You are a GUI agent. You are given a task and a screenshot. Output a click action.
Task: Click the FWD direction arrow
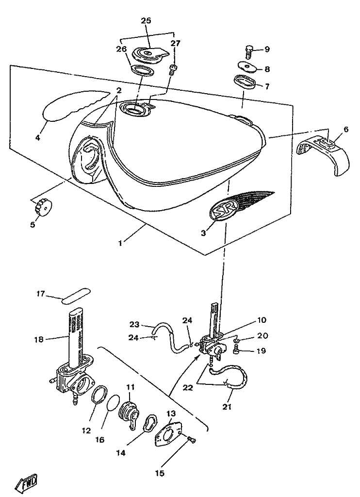pyautogui.click(x=26, y=484)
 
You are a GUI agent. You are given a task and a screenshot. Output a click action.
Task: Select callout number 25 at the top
pyautogui.click(x=146, y=20)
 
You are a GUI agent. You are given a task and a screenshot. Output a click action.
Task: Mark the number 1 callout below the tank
pyautogui.click(x=120, y=243)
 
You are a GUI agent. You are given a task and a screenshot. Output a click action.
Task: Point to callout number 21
pyautogui.click(x=227, y=407)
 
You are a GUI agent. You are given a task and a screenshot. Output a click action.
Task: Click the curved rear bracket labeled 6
pyautogui.click(x=323, y=154)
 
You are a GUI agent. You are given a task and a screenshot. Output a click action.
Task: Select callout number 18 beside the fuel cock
pyautogui.click(x=39, y=340)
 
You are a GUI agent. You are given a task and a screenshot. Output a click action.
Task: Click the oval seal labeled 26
pyautogui.click(x=142, y=70)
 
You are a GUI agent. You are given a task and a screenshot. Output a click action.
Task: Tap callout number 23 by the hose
pyautogui.click(x=134, y=324)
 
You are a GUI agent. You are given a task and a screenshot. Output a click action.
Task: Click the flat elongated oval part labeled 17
pyautogui.click(x=75, y=297)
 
